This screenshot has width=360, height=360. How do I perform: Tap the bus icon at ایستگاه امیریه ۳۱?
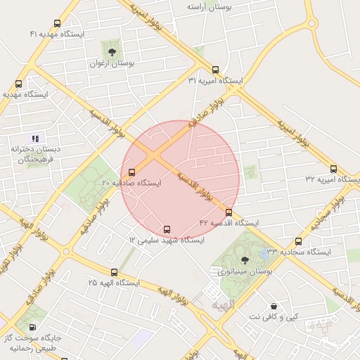tap(215, 70)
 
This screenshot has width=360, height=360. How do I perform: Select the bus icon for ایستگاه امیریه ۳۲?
tap(333, 169)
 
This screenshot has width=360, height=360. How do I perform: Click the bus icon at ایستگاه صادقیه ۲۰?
tap(131, 172)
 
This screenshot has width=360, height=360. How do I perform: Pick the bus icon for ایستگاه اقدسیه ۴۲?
tap(229, 212)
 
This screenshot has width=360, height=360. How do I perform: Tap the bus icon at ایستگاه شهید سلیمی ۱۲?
tap(167, 229)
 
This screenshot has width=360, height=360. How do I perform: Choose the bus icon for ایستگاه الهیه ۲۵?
tap(114, 272)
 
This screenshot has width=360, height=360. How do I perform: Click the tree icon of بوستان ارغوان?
tap(112, 51)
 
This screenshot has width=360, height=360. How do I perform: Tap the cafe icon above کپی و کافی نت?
tap(274, 307)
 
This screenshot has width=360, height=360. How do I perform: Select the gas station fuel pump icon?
tap(33, 327)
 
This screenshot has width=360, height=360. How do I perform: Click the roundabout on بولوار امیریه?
tap(311, 23)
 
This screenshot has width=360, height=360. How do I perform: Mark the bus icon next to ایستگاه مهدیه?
tap(18, 84)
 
